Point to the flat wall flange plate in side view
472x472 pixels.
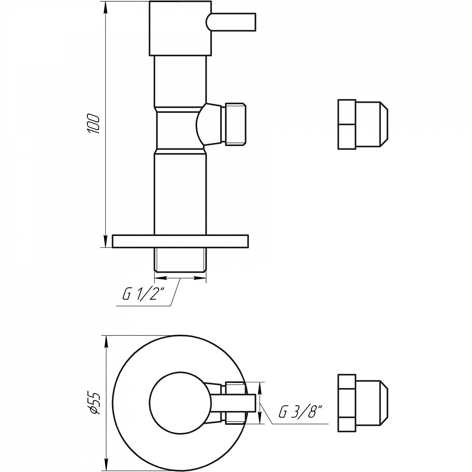180,241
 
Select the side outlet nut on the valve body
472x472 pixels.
234,124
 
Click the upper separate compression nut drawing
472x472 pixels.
362,124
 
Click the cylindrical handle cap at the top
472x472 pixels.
179,28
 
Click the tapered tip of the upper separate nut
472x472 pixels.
385,124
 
